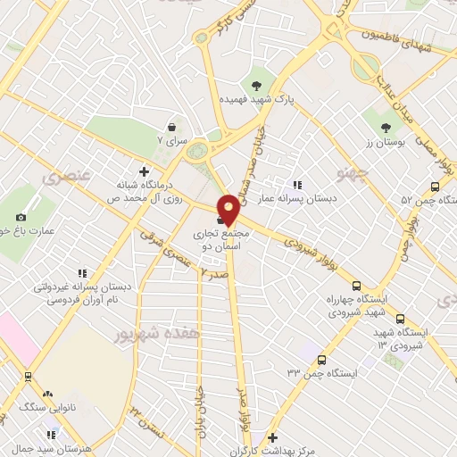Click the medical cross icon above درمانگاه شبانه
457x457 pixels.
pos(144,170)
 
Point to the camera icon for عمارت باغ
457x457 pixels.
pos(21,217)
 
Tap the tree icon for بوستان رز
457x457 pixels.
pos(386,129)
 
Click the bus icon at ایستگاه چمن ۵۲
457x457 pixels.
pos(435,187)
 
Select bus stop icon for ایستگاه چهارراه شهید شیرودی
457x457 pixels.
pos(357,287)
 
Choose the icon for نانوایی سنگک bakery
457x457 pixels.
pos(47,394)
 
